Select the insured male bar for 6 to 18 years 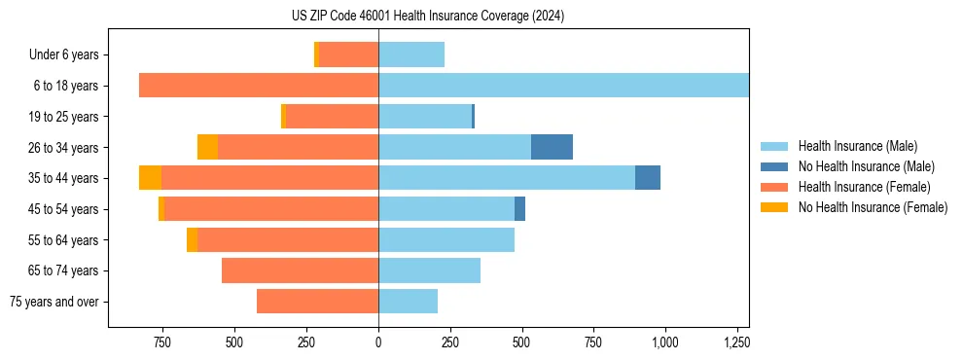[563, 86]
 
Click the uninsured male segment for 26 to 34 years [552, 147]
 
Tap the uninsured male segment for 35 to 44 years [648, 178]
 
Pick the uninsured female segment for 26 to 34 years [207, 147]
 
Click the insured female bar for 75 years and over [317, 302]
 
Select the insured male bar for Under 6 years [411, 54]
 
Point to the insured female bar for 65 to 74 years [300, 270]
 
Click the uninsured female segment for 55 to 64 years [192, 239]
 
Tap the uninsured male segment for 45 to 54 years [519, 209]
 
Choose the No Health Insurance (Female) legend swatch [775, 207]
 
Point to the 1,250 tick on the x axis [735, 342]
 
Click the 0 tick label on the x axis [378, 342]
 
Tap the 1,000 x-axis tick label [664, 342]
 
